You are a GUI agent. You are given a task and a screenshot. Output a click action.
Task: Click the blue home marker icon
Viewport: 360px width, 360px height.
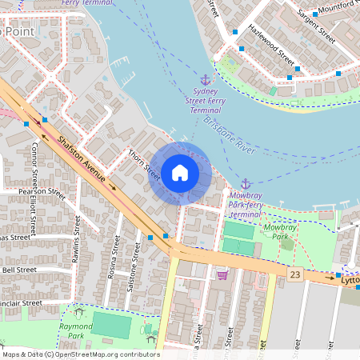(179, 173)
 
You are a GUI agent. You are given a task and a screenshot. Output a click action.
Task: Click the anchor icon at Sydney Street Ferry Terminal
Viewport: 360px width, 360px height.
(205, 79)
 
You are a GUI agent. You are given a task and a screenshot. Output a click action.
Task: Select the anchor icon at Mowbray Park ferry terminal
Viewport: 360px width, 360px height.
(246, 184)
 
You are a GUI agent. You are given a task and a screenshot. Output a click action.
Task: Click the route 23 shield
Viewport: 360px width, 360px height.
(296, 274)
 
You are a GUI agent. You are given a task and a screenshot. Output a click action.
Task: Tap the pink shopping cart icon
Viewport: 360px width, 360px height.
(222, 274)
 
